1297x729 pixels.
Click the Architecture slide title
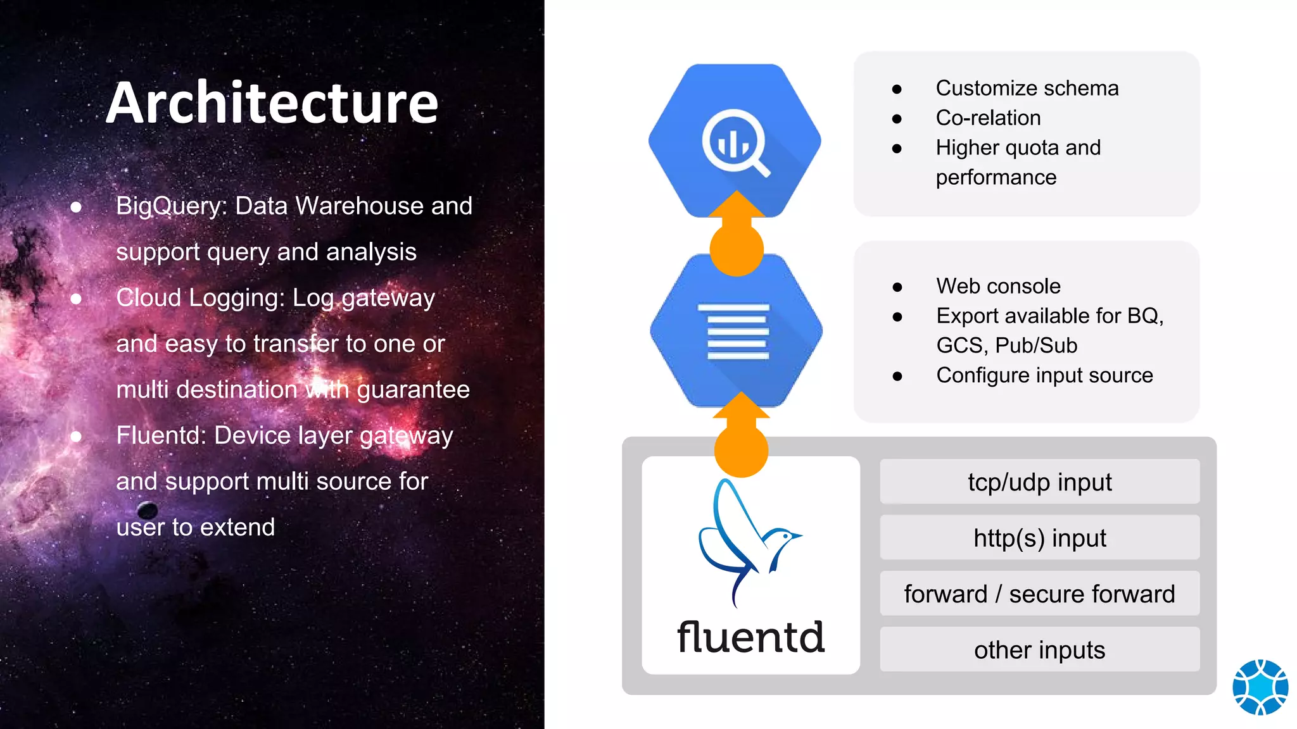click(x=272, y=103)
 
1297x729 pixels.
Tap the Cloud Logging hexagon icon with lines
click(x=737, y=331)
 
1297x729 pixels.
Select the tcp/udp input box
click(x=1039, y=482)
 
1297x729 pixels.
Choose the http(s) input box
click(x=1039, y=538)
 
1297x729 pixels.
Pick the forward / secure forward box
click(x=1039, y=594)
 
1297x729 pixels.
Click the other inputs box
click(x=1039, y=650)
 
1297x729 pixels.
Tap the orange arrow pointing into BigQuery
click(x=737, y=234)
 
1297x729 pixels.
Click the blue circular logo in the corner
click(x=1260, y=687)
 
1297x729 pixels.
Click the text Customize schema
click(x=1027, y=88)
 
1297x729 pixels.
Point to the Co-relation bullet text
click(x=988, y=118)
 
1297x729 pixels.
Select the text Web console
click(x=998, y=286)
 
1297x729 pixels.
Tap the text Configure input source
click(x=1044, y=375)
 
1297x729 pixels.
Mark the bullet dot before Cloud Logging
click(x=76, y=298)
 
